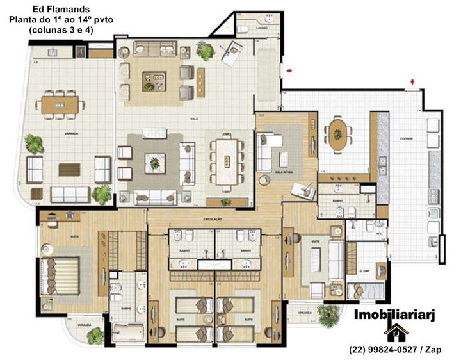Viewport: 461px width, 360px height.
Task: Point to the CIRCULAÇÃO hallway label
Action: (x=213, y=219)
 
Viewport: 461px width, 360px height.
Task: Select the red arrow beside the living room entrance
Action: (x=289, y=69)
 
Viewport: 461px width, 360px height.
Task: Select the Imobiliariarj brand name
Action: (x=395, y=315)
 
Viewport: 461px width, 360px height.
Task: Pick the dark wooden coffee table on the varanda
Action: (x=70, y=168)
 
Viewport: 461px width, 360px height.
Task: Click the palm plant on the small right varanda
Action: (x=328, y=314)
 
